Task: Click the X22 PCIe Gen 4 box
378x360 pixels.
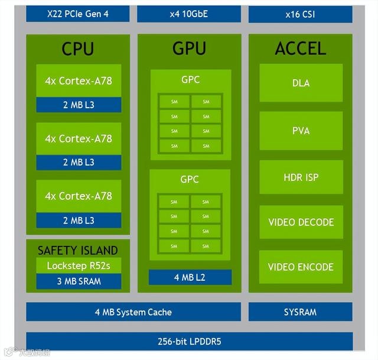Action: (x=78, y=14)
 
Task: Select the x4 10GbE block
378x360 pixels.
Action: (x=189, y=14)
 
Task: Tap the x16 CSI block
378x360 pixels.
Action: (x=300, y=14)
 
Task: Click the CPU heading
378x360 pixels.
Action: (x=78, y=48)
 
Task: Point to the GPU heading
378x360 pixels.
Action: (x=189, y=48)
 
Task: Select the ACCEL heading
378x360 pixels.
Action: (x=300, y=48)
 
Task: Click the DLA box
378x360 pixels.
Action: (x=301, y=83)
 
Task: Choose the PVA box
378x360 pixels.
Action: (x=301, y=130)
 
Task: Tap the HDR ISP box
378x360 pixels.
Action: (x=301, y=177)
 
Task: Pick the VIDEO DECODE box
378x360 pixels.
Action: (x=301, y=222)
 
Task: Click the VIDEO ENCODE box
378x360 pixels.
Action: (x=301, y=267)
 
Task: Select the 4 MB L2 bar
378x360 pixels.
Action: (x=190, y=277)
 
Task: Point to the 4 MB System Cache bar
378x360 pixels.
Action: (x=133, y=312)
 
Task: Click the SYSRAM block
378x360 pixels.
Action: (x=300, y=312)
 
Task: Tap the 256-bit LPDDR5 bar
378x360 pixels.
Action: (x=189, y=341)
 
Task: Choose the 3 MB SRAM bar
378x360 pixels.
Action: (x=79, y=281)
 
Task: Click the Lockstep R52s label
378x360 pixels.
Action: (x=79, y=265)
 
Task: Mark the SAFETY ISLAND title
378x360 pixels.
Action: (x=78, y=250)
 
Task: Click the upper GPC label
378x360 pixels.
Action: (x=190, y=78)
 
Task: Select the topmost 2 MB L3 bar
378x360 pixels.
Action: (x=79, y=105)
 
